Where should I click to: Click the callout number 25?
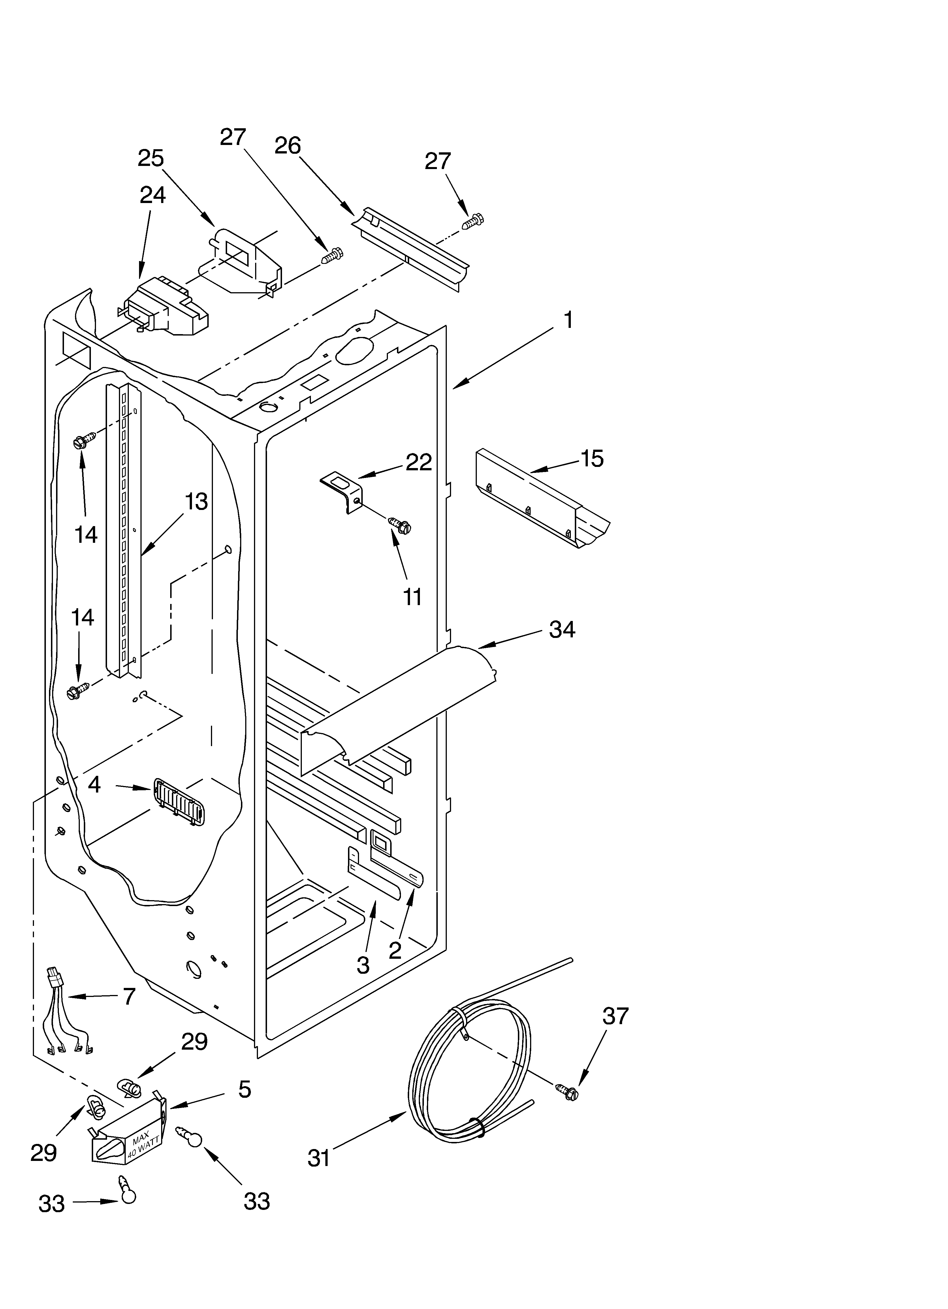tap(151, 158)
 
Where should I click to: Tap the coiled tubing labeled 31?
tap(471, 1073)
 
